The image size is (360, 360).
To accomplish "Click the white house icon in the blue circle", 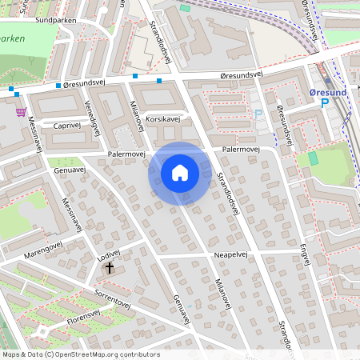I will [180, 172].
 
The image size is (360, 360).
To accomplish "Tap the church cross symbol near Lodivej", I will [109, 269].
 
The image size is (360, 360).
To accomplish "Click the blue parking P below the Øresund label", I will [325, 103].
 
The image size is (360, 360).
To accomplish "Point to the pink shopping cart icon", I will [21, 112].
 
